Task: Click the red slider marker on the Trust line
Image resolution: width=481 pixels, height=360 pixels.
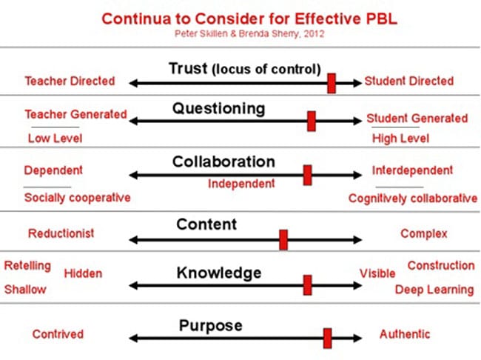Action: [x=332, y=83]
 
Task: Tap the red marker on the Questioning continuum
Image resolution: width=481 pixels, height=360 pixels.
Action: [x=312, y=121]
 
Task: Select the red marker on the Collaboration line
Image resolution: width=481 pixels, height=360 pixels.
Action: [x=307, y=175]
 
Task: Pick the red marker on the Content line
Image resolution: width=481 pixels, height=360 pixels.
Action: [x=283, y=239]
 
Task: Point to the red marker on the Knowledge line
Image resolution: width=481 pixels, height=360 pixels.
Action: [x=307, y=285]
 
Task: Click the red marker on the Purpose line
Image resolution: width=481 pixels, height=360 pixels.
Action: [x=327, y=339]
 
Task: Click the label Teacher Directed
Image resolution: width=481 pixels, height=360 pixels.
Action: [x=70, y=81]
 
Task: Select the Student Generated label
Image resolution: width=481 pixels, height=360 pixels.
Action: [x=417, y=119]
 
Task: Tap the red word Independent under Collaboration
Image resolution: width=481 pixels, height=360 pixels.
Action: [x=241, y=184]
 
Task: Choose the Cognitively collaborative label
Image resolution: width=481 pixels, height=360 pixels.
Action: [x=413, y=199]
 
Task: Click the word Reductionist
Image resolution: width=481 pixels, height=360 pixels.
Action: [x=61, y=233]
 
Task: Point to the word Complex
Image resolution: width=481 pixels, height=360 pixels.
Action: [x=423, y=234]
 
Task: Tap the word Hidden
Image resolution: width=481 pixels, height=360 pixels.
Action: [x=83, y=273]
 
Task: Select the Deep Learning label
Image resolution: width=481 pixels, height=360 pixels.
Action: [x=434, y=290]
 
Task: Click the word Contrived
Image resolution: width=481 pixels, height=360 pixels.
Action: [x=58, y=334]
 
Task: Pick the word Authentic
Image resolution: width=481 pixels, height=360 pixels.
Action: [x=405, y=334]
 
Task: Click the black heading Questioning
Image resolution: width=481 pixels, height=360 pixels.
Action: [x=219, y=109]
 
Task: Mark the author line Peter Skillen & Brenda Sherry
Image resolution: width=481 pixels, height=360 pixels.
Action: [x=249, y=33]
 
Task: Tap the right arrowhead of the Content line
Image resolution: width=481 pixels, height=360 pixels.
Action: [x=357, y=239]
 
